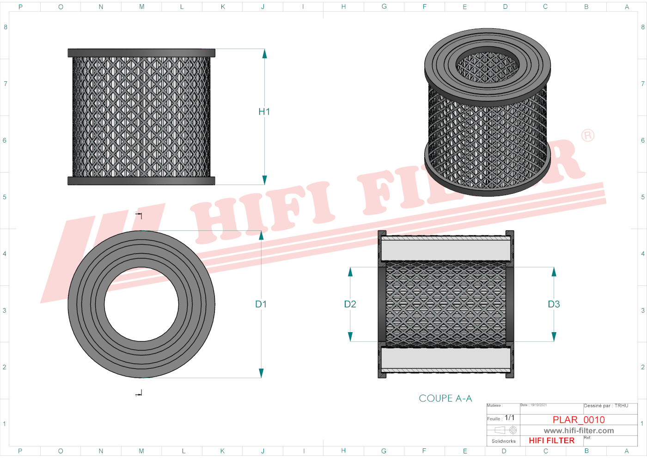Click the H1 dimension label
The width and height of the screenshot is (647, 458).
pyautogui.click(x=264, y=111)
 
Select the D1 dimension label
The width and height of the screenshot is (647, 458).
pyautogui.click(x=261, y=304)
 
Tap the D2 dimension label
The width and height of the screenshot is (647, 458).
pyautogui.click(x=350, y=304)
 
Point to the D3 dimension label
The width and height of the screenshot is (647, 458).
pyautogui.click(x=554, y=304)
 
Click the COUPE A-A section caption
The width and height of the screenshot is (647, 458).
pyautogui.click(x=445, y=398)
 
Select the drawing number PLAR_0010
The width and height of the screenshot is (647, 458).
pyautogui.click(x=579, y=420)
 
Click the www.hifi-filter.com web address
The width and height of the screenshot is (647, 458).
pyautogui.click(x=579, y=431)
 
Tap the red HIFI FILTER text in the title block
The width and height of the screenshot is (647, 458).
pyautogui.click(x=551, y=440)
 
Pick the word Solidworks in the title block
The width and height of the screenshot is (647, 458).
pyautogui.click(x=503, y=441)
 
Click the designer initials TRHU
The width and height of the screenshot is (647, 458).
pyautogui.click(x=621, y=406)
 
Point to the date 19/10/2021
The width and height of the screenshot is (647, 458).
pyautogui.click(x=538, y=405)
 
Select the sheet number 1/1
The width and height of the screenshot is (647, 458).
pyautogui.click(x=509, y=418)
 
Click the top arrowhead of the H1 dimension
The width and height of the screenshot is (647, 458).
pyautogui.click(x=264, y=54)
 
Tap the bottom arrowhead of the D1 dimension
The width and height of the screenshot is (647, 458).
pyautogui.click(x=261, y=373)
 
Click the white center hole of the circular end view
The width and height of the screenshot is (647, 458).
pyautogui.click(x=141, y=304)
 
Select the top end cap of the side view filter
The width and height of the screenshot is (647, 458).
pyautogui.click(x=141, y=53)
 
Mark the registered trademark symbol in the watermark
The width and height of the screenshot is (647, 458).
pyautogui.click(x=587, y=136)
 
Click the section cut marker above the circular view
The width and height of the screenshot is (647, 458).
pyautogui.click(x=139, y=215)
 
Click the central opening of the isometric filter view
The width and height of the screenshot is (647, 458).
pyautogui.click(x=488, y=66)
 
